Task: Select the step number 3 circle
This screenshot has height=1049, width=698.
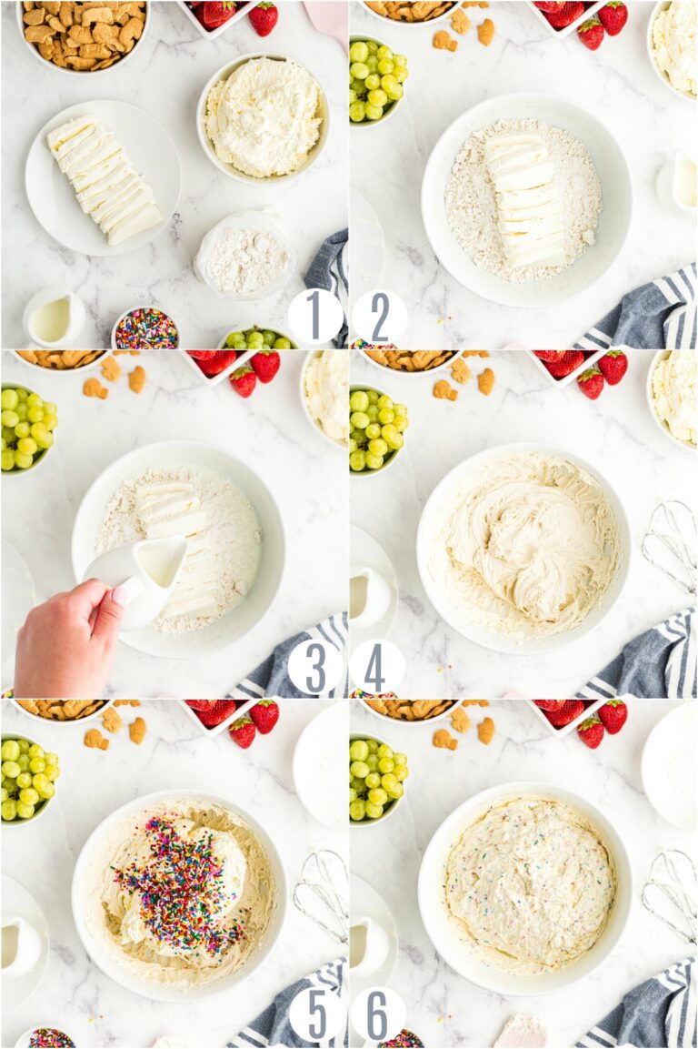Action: coord(314,667)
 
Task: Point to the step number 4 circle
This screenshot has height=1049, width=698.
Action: coord(377,667)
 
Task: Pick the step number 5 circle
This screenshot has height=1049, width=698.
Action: coord(314,1014)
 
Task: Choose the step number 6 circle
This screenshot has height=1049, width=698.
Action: coord(377,1014)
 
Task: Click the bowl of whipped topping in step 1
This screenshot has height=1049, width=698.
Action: coord(263,117)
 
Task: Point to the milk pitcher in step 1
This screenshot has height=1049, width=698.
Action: coord(54,318)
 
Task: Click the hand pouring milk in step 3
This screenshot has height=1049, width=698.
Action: coord(68,638)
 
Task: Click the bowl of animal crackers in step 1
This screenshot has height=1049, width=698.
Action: coord(83,35)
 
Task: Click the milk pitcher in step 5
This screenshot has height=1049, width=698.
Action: coord(20,947)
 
